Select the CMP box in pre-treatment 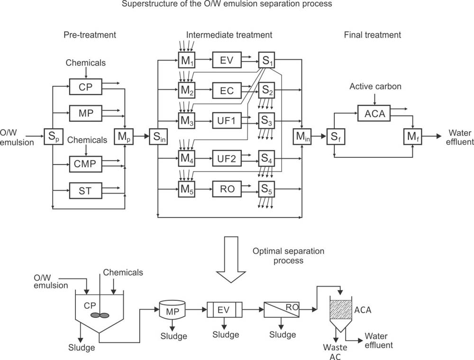85,164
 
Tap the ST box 85,191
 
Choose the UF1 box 227,121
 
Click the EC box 227,90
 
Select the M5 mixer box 186,189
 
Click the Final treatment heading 373,35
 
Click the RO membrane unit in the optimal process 282,310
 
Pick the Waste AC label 336,352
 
